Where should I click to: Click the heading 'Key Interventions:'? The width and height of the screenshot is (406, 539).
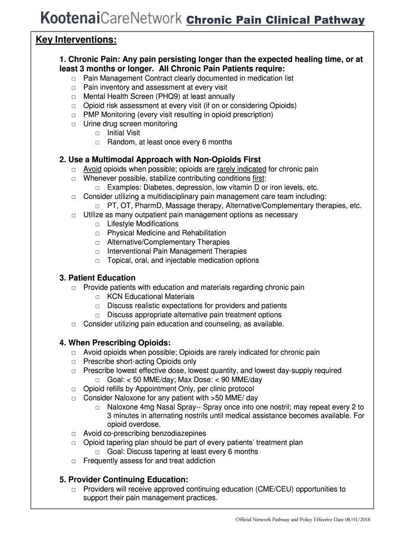pos(76,41)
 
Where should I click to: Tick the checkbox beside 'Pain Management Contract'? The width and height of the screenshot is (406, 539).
pos(73,79)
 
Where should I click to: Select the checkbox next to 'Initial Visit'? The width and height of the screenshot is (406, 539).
pos(98,134)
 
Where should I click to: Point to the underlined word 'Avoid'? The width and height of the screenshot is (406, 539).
pos(92,169)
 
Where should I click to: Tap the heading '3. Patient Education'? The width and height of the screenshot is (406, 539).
pos(98,278)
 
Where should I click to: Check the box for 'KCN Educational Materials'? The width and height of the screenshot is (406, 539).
pos(98,297)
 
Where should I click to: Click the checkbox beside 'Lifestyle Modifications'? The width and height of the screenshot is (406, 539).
pos(98,225)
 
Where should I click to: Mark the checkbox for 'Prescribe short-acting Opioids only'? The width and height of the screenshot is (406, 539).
pos(73,362)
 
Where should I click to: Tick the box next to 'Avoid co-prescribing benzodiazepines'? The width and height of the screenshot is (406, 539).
pos(73,434)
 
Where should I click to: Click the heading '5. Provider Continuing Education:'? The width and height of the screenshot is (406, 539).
pos(124,480)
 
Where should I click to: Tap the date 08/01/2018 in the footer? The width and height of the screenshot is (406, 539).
pos(356,520)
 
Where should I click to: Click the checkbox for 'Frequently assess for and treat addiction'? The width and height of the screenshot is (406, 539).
pos(73,462)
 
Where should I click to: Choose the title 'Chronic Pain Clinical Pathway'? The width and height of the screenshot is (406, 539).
pos(276,20)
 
